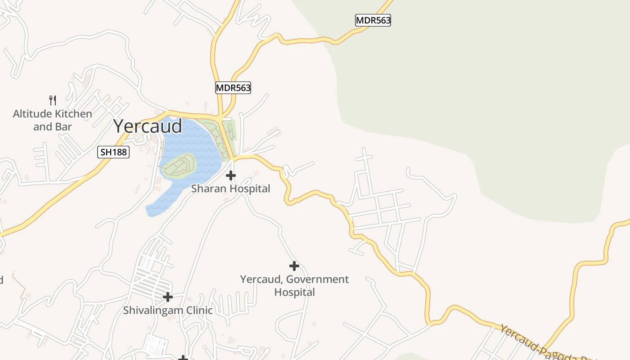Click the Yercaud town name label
tap(148, 126)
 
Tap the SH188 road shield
tap(113, 152)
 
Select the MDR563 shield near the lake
tap(233, 88)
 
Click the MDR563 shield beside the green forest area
tap(373, 20)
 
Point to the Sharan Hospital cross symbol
tap(231, 175)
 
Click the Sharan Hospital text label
tap(231, 189)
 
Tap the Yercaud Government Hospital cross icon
tap(294, 266)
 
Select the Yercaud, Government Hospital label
tap(294, 285)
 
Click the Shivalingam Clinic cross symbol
tap(168, 297)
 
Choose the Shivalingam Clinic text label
tap(168, 310)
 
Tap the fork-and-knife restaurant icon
tap(53, 100)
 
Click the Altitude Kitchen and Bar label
tap(52, 120)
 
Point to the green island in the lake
tap(179, 166)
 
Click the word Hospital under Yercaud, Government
tap(294, 292)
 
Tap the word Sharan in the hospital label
tap(207, 189)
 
